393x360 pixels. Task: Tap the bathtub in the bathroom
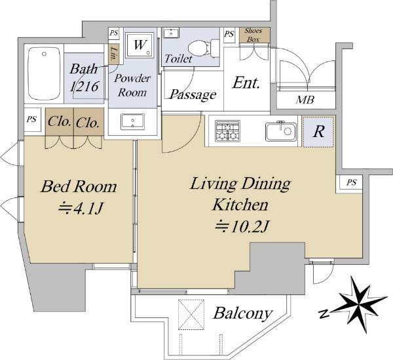point(44,73)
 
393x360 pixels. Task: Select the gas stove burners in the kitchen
point(227,130)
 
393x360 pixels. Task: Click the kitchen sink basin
point(281,131)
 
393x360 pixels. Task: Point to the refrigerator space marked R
point(318,131)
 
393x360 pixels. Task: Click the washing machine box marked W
point(140,45)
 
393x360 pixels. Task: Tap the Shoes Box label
point(253,35)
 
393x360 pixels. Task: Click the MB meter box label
point(305,100)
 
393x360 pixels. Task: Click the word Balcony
point(242,313)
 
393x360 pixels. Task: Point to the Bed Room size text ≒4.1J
point(81,208)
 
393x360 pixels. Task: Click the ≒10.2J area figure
point(242,226)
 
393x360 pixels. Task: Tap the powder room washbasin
point(132,122)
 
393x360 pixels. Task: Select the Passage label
point(193,94)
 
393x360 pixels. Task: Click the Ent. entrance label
point(246,83)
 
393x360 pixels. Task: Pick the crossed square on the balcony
point(191,314)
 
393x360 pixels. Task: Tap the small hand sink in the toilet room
point(171,33)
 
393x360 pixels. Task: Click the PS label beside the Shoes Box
point(229,34)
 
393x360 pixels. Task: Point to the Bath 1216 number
point(84,87)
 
